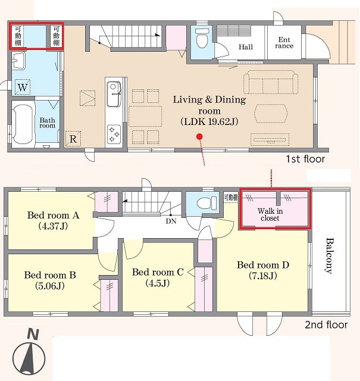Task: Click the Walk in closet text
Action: coord(270,214)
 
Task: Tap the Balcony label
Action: coord(329,255)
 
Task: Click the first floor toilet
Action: coord(202,38)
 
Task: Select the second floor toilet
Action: coord(206,203)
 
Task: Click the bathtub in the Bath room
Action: coord(22,124)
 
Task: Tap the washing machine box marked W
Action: coord(23,87)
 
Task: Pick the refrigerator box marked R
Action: coord(73,139)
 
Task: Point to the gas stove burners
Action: coord(114,134)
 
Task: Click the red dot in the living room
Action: coord(200,136)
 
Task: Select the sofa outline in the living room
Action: coord(271,82)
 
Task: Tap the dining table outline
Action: coord(145,116)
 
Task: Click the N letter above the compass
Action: coord(33,334)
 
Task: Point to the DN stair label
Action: coord(171,221)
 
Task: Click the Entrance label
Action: coord(284,43)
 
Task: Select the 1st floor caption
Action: coord(305,159)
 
